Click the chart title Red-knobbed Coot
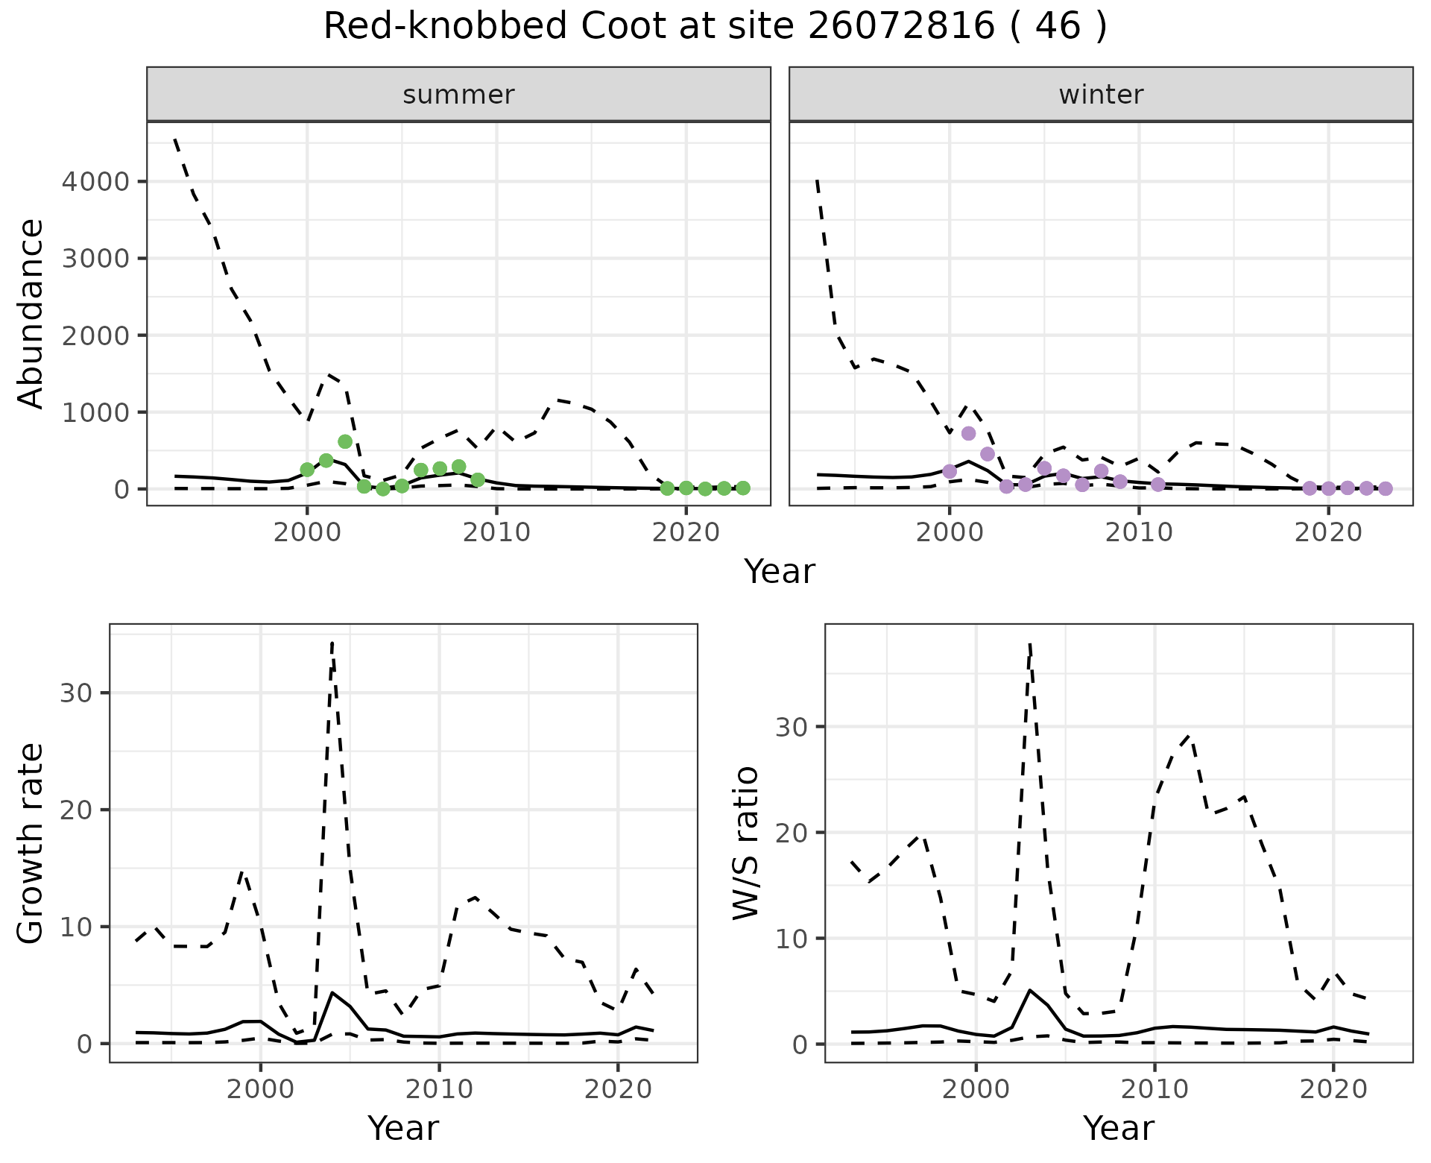715,28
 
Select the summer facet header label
458,95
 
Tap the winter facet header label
1101,95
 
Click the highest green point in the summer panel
345,441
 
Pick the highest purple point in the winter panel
968,433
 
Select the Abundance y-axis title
31,313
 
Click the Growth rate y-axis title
31,842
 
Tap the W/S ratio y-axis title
746,842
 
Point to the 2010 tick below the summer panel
496,533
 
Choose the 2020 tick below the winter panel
1327,533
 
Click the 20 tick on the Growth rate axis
77,810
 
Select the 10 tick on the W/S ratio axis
792,938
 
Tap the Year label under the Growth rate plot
403,1128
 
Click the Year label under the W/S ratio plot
1119,1128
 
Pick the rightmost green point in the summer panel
743,488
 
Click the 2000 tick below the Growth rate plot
260,1090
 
